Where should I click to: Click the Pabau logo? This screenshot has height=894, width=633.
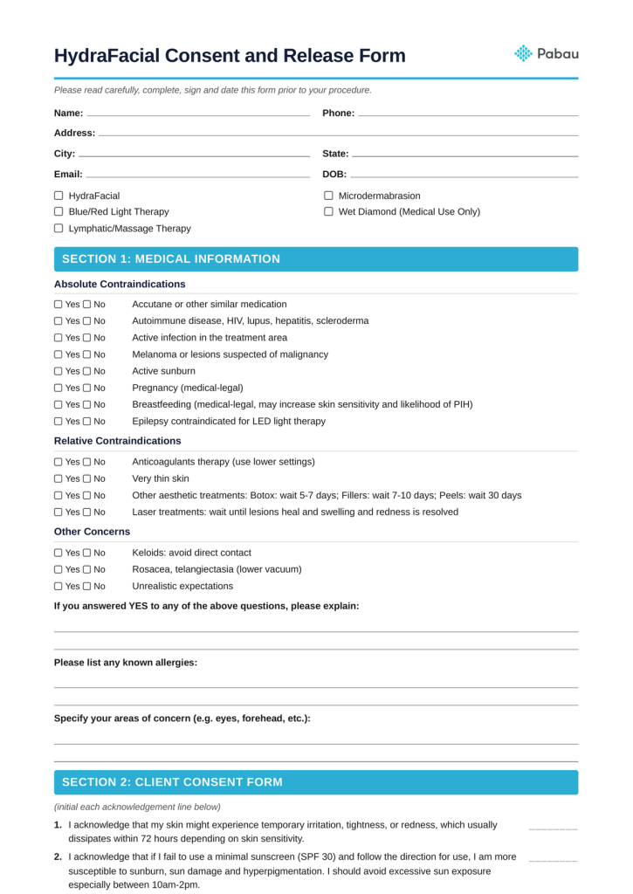pyautogui.click(x=547, y=54)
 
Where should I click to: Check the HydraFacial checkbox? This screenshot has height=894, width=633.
pyautogui.click(x=59, y=196)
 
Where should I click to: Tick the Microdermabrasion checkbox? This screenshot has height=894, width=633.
pyautogui.click(x=329, y=196)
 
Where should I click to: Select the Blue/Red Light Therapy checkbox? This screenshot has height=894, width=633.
pyautogui.click(x=59, y=212)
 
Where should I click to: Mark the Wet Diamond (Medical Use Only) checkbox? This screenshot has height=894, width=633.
pyautogui.click(x=329, y=212)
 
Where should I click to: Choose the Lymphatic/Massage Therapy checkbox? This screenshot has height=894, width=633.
pyautogui.click(x=59, y=229)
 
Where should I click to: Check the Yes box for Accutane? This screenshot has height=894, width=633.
pyautogui.click(x=58, y=305)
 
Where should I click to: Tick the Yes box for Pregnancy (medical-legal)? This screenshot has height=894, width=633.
pyautogui.click(x=58, y=388)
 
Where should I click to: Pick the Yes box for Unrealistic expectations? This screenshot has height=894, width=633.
pyautogui.click(x=58, y=587)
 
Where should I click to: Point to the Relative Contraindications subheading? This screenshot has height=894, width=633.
pyautogui.click(x=118, y=441)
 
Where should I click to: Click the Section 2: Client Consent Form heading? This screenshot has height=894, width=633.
pyautogui.click(x=172, y=782)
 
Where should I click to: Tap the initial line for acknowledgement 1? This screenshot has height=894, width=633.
pyautogui.click(x=553, y=826)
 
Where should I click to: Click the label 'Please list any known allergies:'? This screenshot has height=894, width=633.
pyautogui.click(x=126, y=663)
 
